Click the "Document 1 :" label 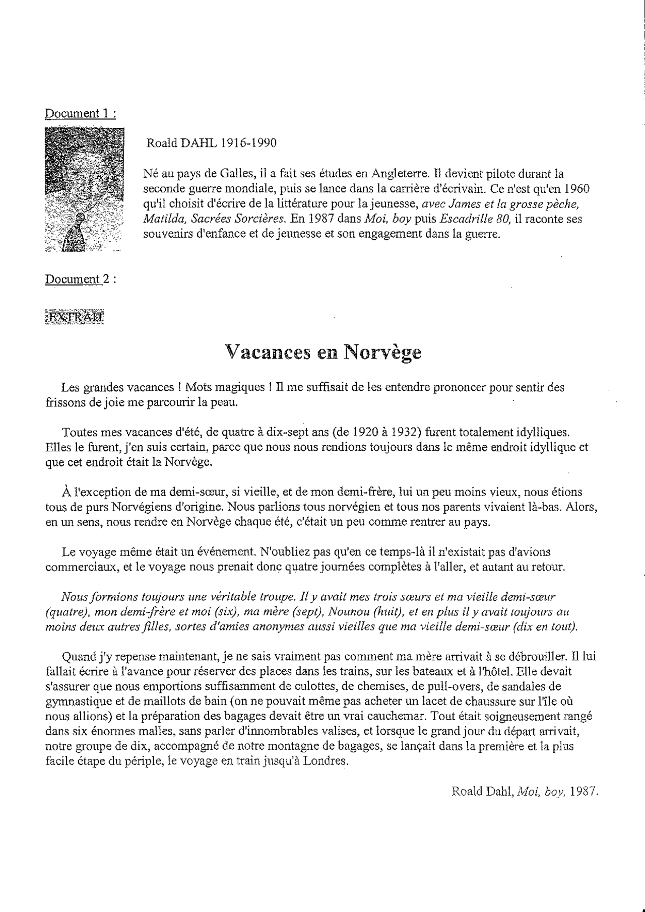pyautogui.click(x=81, y=113)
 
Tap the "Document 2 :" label pyautogui.click(x=81, y=279)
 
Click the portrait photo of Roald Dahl pyautogui.click(x=84, y=189)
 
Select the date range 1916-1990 pyautogui.click(x=249, y=143)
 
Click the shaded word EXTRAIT pyautogui.click(x=75, y=317)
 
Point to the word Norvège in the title pyautogui.click(x=382, y=353)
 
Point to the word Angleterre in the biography pyautogui.click(x=401, y=174)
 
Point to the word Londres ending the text pyautogui.click(x=327, y=761)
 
